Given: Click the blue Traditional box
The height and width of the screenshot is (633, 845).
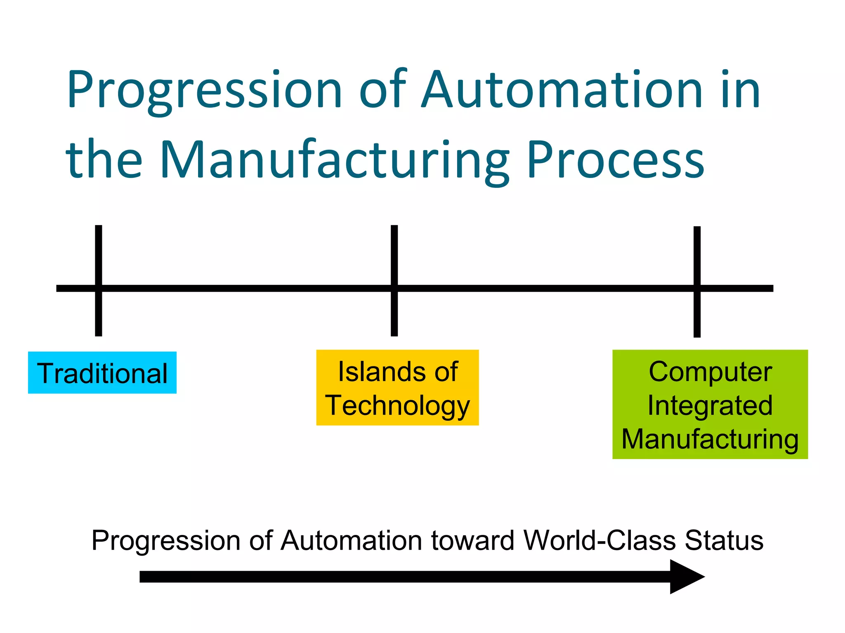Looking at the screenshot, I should (x=102, y=373).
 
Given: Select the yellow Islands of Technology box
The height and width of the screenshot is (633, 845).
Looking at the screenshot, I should (x=397, y=387).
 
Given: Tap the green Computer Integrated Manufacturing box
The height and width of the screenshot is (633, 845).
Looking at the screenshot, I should (x=710, y=404).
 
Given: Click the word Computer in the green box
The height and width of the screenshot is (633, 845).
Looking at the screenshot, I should (x=710, y=372).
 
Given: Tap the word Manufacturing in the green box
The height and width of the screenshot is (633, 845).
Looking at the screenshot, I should (x=710, y=439).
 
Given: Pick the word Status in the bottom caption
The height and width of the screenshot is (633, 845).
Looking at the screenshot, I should (x=724, y=540).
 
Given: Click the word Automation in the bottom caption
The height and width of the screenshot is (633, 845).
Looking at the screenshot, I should (x=351, y=540).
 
